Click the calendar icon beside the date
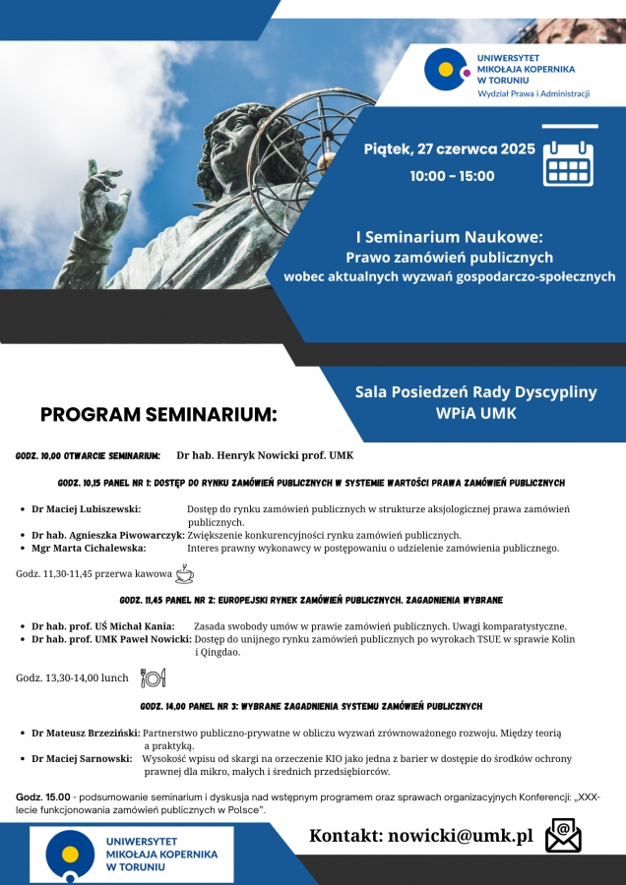[x=568, y=162]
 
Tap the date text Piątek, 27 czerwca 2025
[x=449, y=149]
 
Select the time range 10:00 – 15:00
[x=452, y=176]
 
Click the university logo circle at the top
[x=446, y=69]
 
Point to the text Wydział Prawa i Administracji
[x=532, y=93]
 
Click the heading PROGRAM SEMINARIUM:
[x=158, y=414]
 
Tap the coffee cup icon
[x=184, y=573]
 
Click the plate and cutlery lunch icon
[x=153, y=677]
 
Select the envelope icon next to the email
[x=563, y=836]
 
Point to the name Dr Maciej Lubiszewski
[x=86, y=509]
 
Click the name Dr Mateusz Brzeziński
[x=86, y=733]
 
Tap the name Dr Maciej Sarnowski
[x=83, y=758]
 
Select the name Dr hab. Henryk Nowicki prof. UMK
[x=265, y=456]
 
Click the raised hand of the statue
[x=103, y=197]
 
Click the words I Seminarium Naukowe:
[x=449, y=236]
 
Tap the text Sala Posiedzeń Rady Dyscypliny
[x=475, y=391]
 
